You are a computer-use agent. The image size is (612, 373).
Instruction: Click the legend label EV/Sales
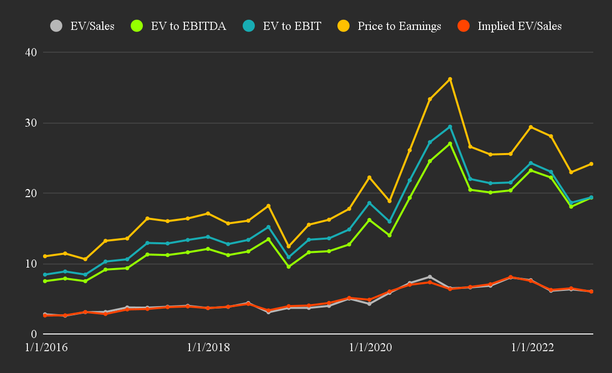[93, 26]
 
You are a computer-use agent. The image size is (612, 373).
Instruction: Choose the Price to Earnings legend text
[399, 26]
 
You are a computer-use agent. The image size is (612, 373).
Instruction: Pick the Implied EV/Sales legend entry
[519, 26]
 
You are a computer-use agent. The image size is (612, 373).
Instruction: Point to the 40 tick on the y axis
[31, 52]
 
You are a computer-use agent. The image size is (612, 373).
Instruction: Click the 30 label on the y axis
[31, 123]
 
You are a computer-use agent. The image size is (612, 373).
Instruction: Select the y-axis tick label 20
[31, 193]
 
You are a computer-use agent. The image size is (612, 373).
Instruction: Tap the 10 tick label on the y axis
[31, 264]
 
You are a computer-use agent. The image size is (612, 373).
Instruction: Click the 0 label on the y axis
[34, 334]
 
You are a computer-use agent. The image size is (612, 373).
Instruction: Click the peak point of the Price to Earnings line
[450, 79]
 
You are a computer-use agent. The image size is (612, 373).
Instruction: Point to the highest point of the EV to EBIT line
[450, 127]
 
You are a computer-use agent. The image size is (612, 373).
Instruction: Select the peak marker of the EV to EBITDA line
[450, 143]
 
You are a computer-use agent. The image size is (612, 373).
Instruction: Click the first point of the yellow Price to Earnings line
[45, 256]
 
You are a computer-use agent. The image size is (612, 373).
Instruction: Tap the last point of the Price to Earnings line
[591, 164]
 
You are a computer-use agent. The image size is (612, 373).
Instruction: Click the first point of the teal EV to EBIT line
[45, 275]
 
